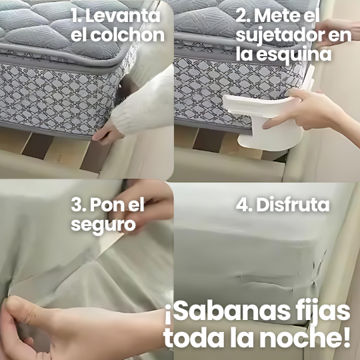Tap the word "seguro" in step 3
[103, 224]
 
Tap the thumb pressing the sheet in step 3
[27, 313]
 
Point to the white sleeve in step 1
[150, 100]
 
